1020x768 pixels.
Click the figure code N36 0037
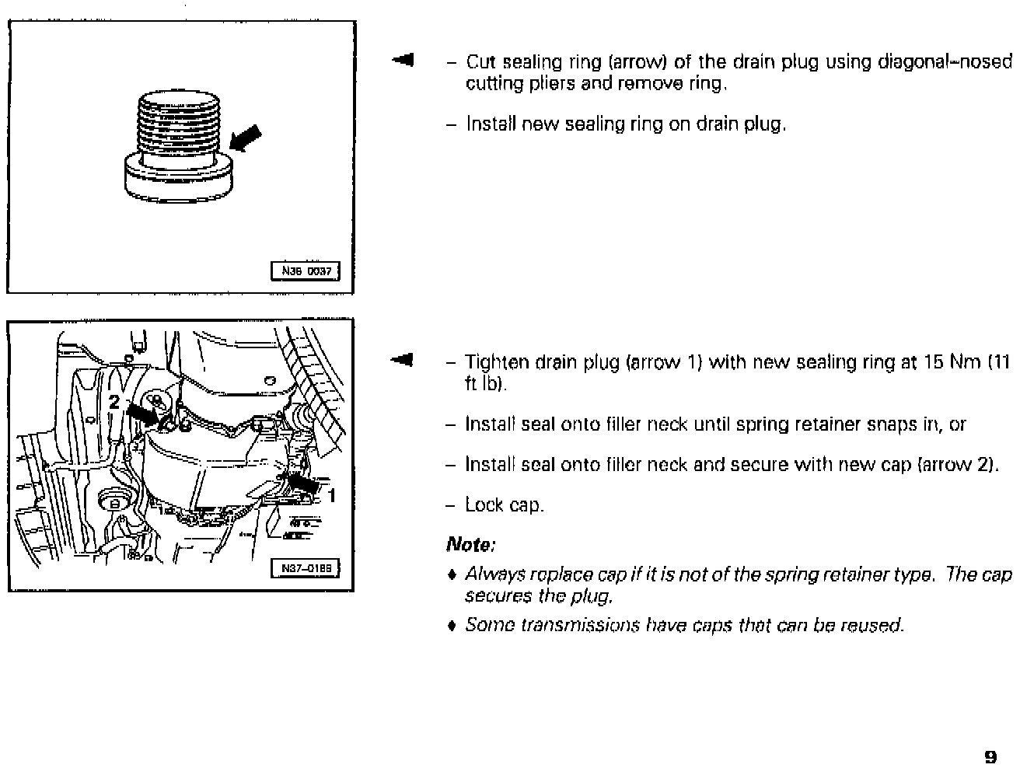306,271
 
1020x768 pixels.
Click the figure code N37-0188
306,569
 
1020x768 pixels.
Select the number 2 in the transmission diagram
114,402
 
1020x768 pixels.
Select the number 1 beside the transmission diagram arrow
332,495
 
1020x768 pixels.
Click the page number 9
990,756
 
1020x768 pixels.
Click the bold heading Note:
471,544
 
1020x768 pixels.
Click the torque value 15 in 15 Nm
933,362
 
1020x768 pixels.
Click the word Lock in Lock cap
483,505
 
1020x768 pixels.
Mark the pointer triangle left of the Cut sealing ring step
403,60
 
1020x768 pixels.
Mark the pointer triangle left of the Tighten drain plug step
403,360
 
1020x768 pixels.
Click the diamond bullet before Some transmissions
452,626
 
